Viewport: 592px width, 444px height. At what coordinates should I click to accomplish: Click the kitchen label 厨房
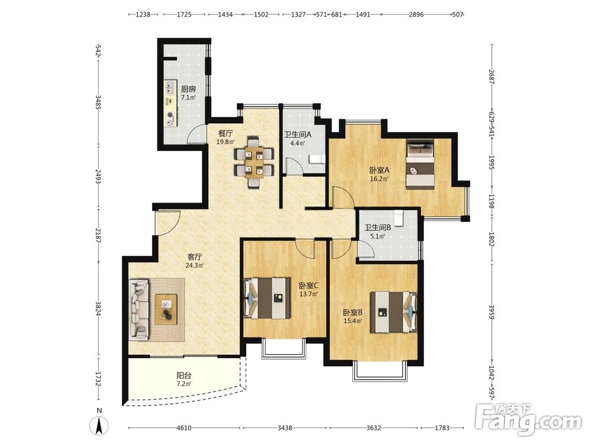coord(188,89)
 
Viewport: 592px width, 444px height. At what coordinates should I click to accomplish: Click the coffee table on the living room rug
coord(166,309)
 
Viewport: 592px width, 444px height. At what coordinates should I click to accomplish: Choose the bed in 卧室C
coord(268,298)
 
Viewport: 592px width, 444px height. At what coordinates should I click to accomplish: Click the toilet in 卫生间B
coord(398,218)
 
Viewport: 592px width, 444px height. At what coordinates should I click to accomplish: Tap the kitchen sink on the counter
coord(170,88)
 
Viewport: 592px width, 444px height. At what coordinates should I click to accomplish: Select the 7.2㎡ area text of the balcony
coord(184,384)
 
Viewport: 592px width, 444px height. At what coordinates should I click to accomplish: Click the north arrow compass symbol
coord(99,424)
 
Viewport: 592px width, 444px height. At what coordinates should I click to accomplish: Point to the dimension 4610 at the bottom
coord(184,428)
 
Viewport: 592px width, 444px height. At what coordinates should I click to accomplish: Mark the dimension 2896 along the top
coord(416,14)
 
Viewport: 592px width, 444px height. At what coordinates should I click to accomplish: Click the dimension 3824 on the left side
coord(98,309)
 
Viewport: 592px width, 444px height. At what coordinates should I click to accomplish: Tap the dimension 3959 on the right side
coord(491,312)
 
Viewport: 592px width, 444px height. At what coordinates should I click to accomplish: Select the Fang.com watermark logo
coord(529,419)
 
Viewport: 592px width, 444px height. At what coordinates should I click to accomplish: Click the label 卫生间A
coord(298,134)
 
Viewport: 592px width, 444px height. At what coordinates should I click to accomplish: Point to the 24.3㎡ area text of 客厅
coord(194,265)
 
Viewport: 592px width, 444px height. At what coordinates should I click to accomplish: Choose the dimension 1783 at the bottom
coord(442,428)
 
